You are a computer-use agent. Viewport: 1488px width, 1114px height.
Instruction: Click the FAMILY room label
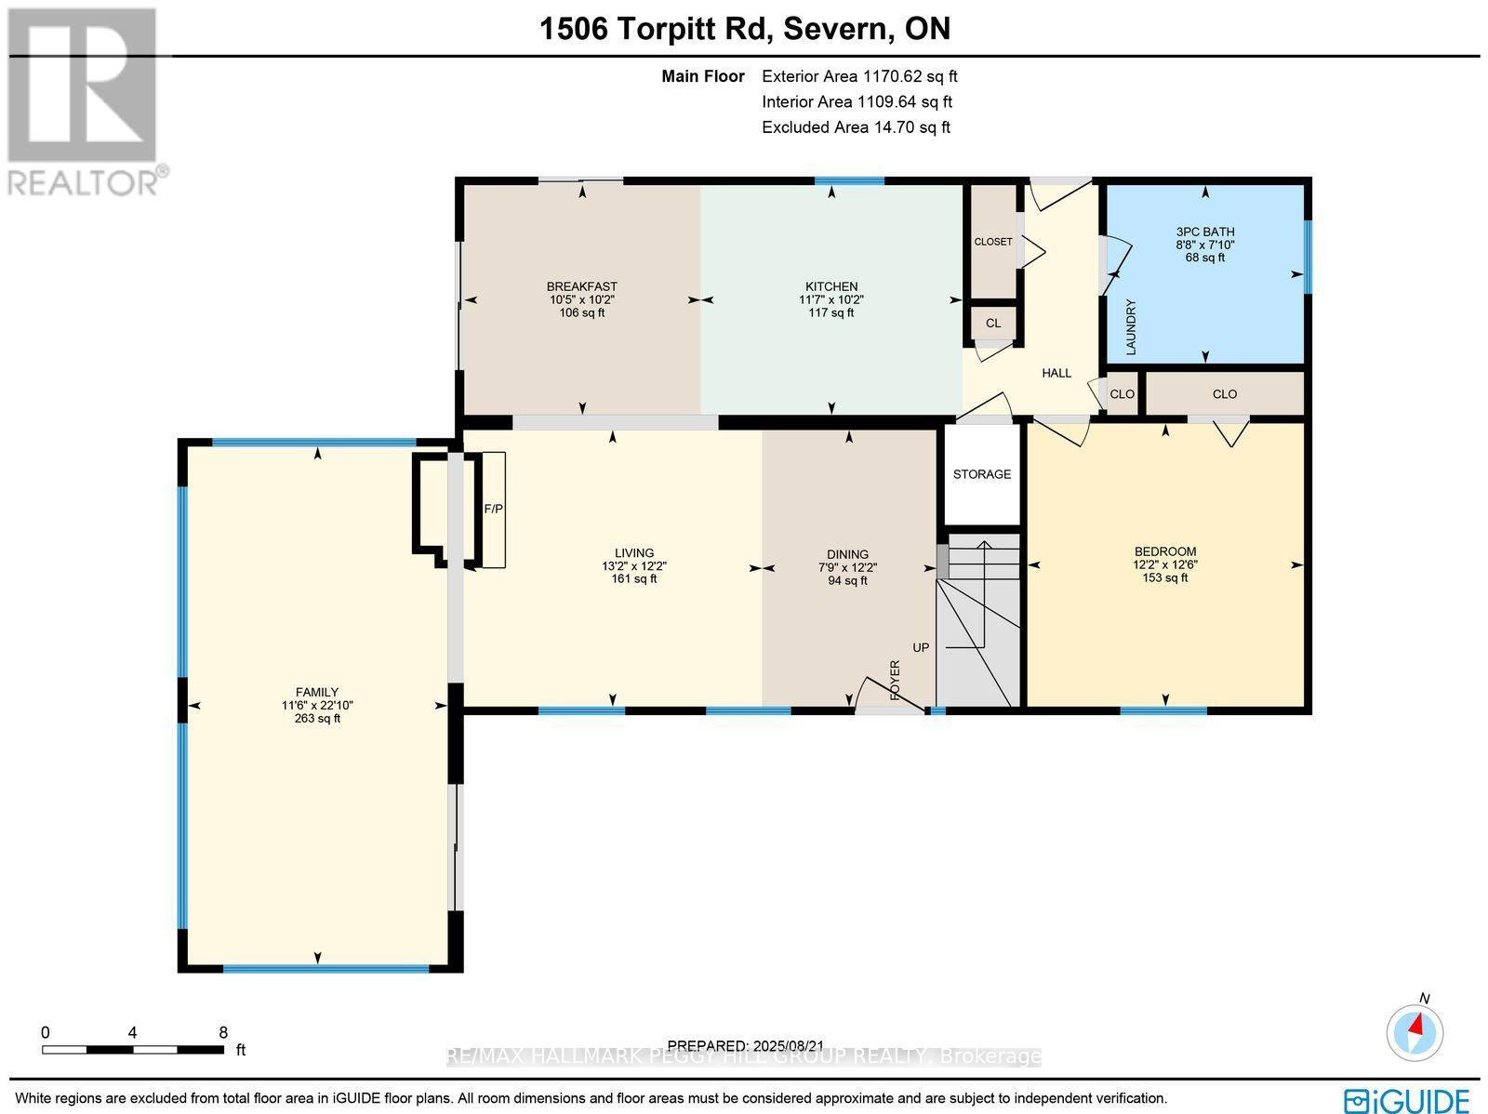click(x=317, y=692)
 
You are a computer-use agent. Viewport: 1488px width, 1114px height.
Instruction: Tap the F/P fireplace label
click(x=493, y=510)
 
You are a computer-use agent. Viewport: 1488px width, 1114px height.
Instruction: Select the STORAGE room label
click(x=981, y=474)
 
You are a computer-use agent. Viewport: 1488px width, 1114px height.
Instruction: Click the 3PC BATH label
click(x=1205, y=232)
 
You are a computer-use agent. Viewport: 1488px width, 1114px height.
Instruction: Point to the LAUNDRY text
click(x=1132, y=326)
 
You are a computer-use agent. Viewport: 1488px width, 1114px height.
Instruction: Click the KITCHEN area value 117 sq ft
click(x=830, y=313)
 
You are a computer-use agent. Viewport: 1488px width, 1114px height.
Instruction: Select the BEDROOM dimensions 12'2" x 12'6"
click(x=1164, y=564)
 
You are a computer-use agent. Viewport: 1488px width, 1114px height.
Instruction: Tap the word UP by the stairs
click(x=921, y=647)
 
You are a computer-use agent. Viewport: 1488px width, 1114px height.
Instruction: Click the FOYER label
click(x=896, y=680)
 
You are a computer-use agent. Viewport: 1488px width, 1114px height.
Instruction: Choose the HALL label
click(x=1056, y=373)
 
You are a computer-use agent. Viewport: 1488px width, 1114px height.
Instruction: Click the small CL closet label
click(x=993, y=324)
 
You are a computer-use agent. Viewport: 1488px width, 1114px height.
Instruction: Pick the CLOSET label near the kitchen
click(x=993, y=242)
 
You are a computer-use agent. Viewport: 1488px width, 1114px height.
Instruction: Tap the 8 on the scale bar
click(x=223, y=1032)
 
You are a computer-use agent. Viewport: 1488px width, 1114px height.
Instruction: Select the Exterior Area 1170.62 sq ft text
click(x=858, y=77)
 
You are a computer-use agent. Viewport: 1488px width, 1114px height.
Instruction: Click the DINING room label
click(x=847, y=554)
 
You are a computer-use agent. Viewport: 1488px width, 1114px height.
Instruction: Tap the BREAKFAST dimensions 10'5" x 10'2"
click(x=582, y=299)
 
